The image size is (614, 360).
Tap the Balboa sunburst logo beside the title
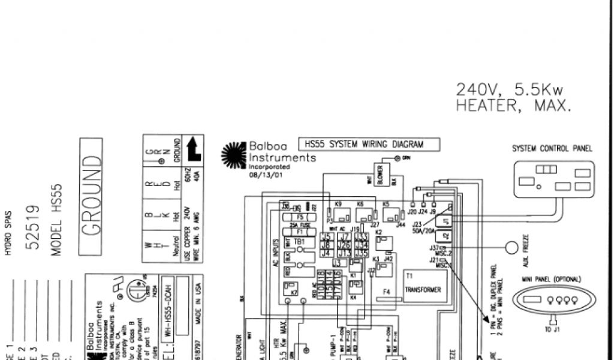click(x=234, y=154)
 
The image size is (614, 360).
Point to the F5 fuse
click(x=300, y=218)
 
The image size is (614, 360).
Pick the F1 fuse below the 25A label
click(x=300, y=231)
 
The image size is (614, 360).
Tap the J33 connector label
click(x=361, y=237)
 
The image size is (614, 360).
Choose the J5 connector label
click(x=326, y=237)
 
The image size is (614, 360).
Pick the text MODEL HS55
click(x=56, y=220)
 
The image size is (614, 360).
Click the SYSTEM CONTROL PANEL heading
click(x=552, y=149)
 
